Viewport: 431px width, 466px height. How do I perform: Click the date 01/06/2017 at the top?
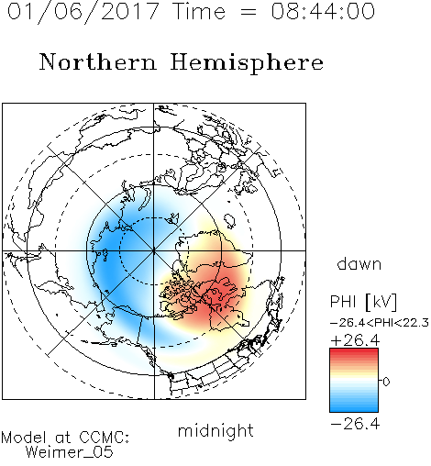[x=83, y=12]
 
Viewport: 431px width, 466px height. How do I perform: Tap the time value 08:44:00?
[x=323, y=11]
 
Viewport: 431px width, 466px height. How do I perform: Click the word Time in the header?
[x=199, y=11]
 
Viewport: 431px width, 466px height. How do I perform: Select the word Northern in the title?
[x=98, y=61]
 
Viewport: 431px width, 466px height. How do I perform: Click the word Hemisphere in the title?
[x=247, y=63]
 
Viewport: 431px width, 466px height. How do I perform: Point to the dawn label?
[x=359, y=263]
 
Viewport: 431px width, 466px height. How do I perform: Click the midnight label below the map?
[x=215, y=430]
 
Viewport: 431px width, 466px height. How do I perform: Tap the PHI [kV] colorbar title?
[x=363, y=302]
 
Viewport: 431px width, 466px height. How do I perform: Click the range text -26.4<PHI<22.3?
[x=380, y=323]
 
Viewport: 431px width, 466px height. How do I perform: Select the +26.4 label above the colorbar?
[x=355, y=340]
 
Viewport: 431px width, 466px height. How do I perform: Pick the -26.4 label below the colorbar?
[x=355, y=424]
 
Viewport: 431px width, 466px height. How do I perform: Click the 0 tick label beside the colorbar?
[x=386, y=382]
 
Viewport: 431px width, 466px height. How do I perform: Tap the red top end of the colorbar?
[x=354, y=350]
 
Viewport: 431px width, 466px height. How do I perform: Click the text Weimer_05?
[x=70, y=452]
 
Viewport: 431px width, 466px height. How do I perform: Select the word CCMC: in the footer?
[x=104, y=438]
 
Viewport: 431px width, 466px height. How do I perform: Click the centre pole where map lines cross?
[x=154, y=250]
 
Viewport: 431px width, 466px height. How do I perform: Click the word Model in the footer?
[x=24, y=438]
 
